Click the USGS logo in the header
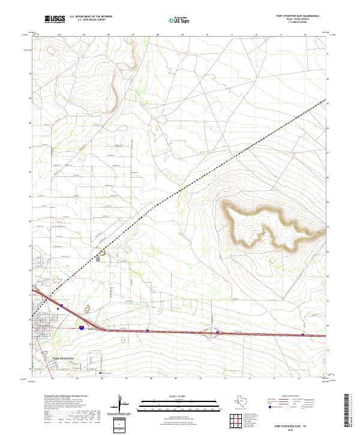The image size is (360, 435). [55, 19]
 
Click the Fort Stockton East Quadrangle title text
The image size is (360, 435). [298, 16]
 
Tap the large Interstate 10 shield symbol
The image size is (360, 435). [81, 328]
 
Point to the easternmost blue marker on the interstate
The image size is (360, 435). [303, 335]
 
